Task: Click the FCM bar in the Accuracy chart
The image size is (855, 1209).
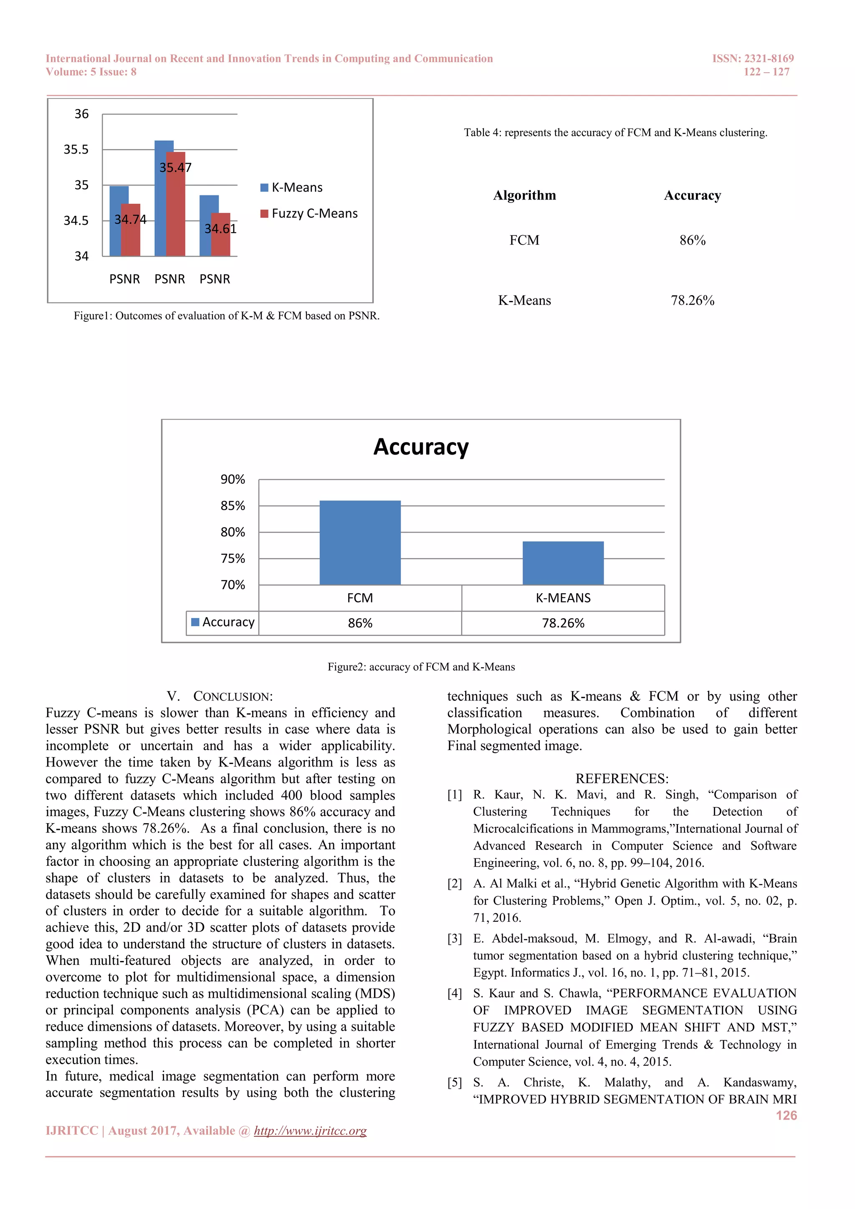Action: [x=360, y=542]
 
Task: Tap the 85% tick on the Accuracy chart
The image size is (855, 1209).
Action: [x=233, y=506]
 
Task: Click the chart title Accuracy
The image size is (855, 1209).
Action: [x=421, y=447]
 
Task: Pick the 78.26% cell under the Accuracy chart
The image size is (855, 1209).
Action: [x=563, y=623]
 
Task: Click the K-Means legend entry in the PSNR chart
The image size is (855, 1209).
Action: [x=292, y=187]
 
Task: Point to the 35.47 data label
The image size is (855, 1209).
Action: [x=175, y=167]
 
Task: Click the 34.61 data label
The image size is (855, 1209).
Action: [x=220, y=228]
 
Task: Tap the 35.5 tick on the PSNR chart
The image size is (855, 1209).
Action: [x=76, y=149]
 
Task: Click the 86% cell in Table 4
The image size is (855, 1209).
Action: [x=692, y=240]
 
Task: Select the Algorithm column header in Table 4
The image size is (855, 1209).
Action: [x=524, y=195]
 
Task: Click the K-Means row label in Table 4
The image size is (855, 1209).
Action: [x=524, y=300]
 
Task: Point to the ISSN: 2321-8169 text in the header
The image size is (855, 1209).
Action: [x=752, y=58]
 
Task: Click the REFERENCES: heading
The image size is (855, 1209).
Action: [x=622, y=778]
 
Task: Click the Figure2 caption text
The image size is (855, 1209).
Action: [x=421, y=667]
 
